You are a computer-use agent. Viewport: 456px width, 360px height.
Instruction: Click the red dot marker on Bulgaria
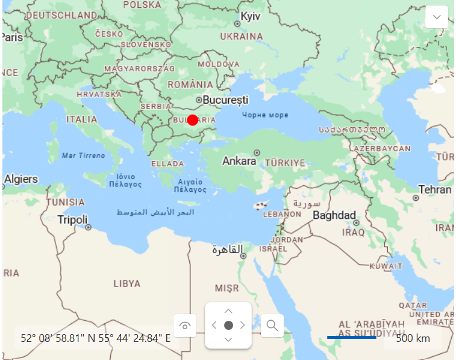coord(193,119)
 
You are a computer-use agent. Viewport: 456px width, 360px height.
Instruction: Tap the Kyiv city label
coord(250,16)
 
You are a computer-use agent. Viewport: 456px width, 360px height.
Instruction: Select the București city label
coord(225,99)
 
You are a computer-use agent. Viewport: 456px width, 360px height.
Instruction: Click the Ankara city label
coord(239,161)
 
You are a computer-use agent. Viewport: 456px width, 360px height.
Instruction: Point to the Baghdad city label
coord(334,215)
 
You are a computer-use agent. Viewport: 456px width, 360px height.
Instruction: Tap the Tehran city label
coord(435,189)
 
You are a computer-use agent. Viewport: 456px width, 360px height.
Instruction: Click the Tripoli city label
coord(72,219)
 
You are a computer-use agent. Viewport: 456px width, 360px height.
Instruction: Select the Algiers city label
coord(20,179)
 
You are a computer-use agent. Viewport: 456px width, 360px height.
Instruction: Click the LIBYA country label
coord(126,283)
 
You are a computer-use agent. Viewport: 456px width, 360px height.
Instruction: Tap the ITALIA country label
coord(81,119)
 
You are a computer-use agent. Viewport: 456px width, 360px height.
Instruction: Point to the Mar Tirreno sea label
coord(83,156)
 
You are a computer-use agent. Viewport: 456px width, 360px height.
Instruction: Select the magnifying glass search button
coord(272,326)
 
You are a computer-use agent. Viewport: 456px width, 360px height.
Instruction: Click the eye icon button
coord(185,326)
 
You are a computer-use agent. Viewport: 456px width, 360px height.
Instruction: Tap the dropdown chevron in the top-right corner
coord(437,17)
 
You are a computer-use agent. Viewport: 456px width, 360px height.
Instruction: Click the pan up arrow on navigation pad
coord(228,311)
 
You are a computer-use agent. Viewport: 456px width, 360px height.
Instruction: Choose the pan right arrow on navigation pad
coord(243,325)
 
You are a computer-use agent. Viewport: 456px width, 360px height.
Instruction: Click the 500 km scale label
coord(413,338)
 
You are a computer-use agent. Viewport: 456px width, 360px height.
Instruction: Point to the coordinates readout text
coord(96,338)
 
